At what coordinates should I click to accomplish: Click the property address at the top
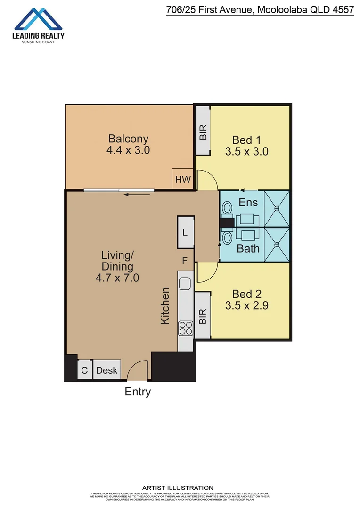pos(260,9)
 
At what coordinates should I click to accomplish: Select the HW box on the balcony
pos(183,179)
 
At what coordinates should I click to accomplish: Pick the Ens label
pos(248,202)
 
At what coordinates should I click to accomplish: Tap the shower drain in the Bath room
pos(277,245)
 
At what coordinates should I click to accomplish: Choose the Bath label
pos(248,248)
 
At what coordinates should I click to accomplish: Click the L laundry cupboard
pos(185,232)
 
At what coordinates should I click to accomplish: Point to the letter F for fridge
pos(185,260)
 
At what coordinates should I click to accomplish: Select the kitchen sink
pos(185,284)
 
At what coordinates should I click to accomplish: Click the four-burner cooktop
pos(185,328)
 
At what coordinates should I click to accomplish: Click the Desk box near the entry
pos(107,370)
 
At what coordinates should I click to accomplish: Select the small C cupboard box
pos(85,370)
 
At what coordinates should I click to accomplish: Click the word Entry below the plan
pos(138,392)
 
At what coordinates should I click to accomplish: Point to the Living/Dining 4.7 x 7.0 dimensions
pos(117,278)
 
